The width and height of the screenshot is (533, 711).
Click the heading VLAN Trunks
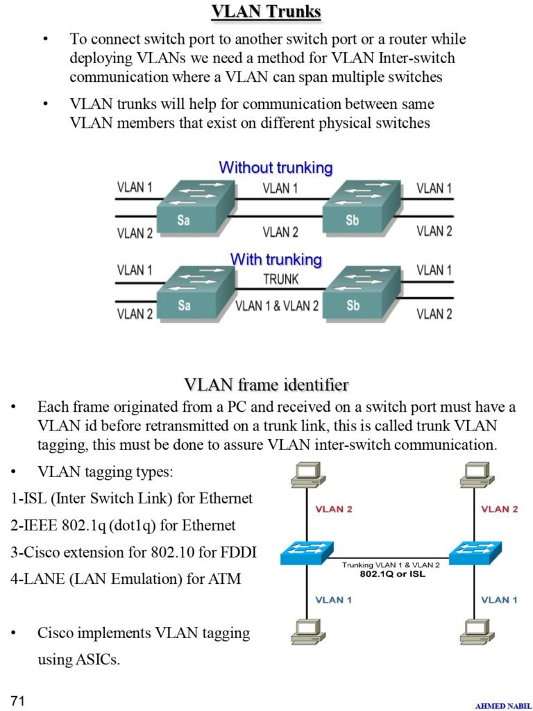click(266, 12)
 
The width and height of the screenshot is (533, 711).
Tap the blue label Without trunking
click(276, 168)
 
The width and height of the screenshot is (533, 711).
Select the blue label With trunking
click(276, 260)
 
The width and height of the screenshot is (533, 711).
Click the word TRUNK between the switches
click(280, 279)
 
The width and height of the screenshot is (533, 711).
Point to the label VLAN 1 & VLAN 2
click(278, 306)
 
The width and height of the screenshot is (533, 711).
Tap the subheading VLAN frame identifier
click(266, 385)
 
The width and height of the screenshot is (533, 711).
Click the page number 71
click(18, 701)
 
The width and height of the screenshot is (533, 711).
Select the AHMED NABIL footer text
click(503, 705)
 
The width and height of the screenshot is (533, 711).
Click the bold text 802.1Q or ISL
click(392, 574)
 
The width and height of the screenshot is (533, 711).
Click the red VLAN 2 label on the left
click(334, 509)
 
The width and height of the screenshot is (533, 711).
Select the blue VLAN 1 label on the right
click(500, 599)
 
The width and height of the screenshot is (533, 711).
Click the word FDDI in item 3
click(237, 553)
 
